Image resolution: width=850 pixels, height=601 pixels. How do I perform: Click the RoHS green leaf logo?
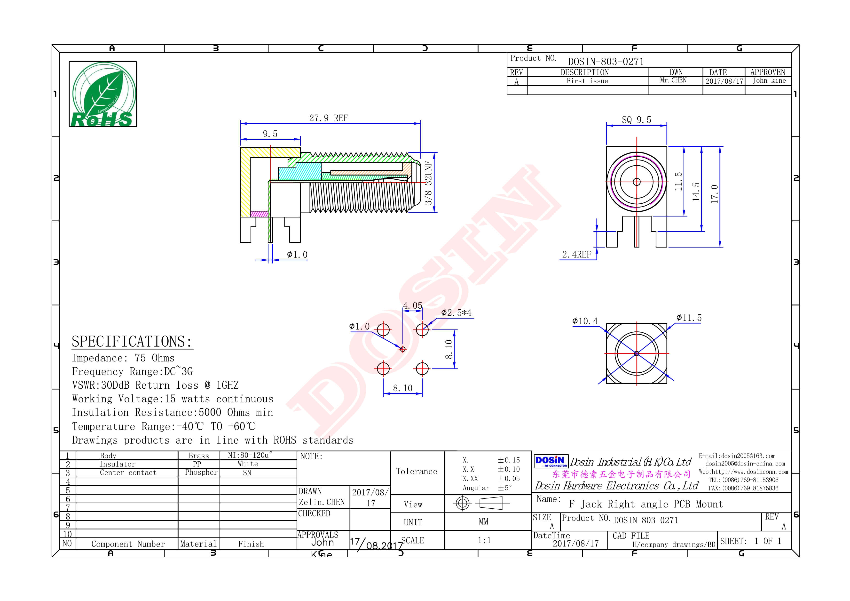[x=102, y=94]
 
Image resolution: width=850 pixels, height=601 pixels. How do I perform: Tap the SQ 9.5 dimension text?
[x=636, y=120]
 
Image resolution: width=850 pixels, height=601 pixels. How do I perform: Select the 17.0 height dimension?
[x=714, y=194]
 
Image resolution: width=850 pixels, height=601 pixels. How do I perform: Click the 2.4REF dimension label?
[x=576, y=255]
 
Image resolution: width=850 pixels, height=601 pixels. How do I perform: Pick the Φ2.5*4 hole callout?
[x=456, y=313]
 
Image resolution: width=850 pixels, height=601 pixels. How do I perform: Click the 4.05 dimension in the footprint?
[x=412, y=305]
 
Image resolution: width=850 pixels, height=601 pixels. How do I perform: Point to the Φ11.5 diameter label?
[x=689, y=318]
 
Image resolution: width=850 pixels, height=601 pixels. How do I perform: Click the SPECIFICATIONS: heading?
[x=132, y=341]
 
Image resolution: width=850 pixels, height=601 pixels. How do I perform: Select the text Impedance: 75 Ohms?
[x=123, y=358]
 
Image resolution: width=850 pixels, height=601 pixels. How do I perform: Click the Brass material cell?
[x=198, y=456]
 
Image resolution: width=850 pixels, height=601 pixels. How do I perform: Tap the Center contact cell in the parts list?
[x=128, y=473]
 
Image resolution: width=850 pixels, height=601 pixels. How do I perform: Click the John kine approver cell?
[x=769, y=81]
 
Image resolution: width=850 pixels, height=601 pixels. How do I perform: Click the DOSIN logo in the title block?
[x=551, y=461]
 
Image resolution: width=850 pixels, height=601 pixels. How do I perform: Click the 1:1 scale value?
[x=484, y=540]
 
